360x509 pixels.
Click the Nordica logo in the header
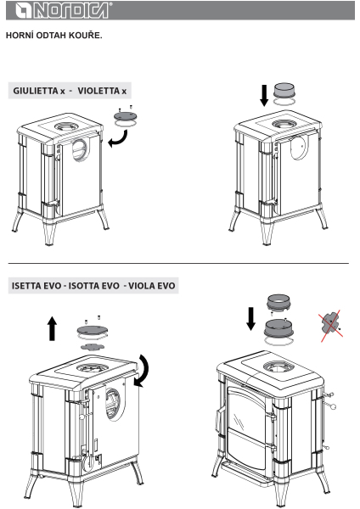coord(62,10)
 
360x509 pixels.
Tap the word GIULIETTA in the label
coord(36,91)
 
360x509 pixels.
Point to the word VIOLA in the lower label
coord(142,286)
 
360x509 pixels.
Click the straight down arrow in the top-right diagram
coord(264,95)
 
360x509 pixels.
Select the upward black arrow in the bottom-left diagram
coord(52,329)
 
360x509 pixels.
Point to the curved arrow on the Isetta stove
coord(143,371)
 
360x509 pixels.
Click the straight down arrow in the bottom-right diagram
coord(250,320)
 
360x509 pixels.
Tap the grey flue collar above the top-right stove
coord(284,90)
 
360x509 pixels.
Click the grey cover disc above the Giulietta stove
coord(125,115)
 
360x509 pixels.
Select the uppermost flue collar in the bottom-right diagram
coord(278,301)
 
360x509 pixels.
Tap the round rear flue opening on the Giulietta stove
coord(79,150)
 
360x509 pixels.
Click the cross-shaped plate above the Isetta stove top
coord(93,346)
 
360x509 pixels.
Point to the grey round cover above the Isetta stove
coord(93,330)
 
